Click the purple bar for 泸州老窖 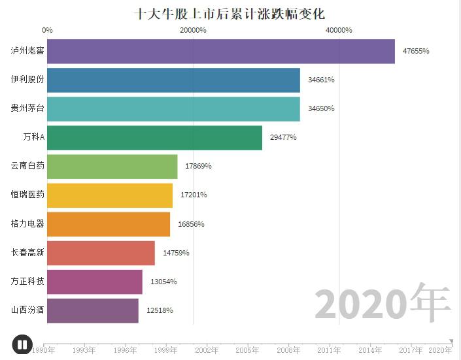click(221, 52)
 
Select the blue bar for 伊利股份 click(173, 80)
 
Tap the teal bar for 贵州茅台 click(173, 108)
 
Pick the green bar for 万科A click(154, 137)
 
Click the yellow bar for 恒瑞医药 click(110, 195)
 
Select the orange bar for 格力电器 click(109, 224)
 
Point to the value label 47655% click(416, 51)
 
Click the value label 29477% click(283, 137)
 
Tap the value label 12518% click(160, 310)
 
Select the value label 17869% click(198, 166)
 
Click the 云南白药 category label click(27, 166)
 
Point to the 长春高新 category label click(27, 253)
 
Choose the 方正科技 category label click(27, 282)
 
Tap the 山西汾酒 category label click(27, 310)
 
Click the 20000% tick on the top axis click(193, 30)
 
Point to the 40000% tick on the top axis click(339, 30)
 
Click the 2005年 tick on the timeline click(247, 350)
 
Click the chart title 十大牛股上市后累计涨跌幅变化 click(230, 14)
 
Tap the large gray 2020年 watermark click(383, 304)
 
